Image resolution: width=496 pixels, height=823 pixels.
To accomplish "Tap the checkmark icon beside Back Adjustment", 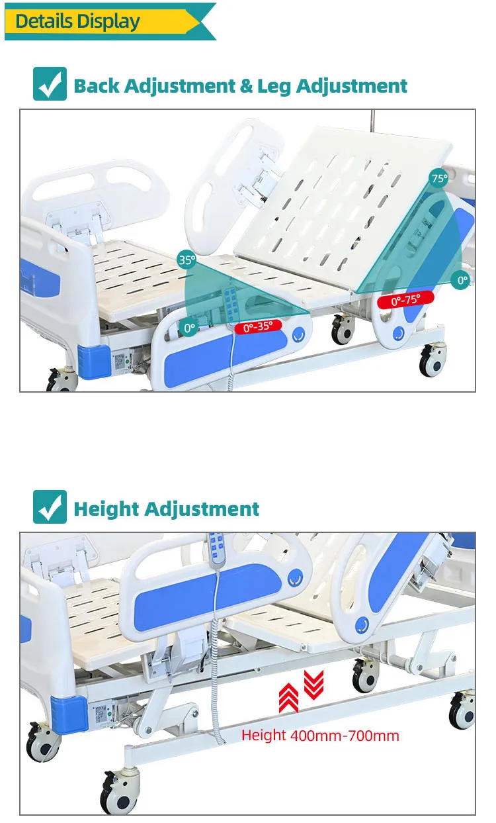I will [x=50, y=85].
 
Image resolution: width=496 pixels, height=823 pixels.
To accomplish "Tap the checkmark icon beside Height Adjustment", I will [x=50, y=508].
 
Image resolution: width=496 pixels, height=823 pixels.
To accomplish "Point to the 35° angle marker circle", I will [x=187, y=260].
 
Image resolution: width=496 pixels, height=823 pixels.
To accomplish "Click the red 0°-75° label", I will [x=405, y=299].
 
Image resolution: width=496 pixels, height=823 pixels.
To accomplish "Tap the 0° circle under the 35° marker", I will [x=190, y=327].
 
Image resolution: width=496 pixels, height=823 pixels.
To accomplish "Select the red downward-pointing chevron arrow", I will [x=313, y=683].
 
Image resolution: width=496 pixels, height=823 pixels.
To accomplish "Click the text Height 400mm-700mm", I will [x=320, y=735].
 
